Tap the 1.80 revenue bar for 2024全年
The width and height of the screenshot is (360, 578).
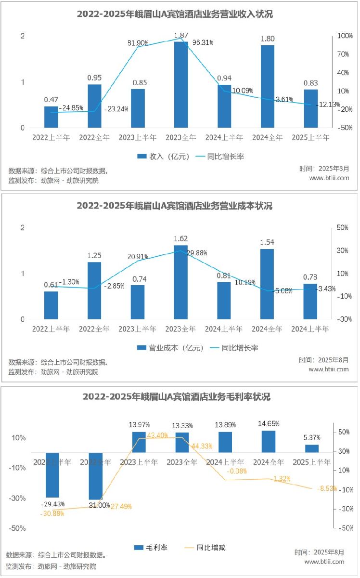click(267, 87)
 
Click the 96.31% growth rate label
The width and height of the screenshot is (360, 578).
click(203, 42)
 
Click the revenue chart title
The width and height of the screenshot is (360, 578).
click(175, 14)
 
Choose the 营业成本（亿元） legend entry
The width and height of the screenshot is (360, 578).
click(170, 348)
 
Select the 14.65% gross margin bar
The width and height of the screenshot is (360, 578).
click(269, 441)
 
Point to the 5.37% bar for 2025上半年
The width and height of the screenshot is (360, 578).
click(312, 448)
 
